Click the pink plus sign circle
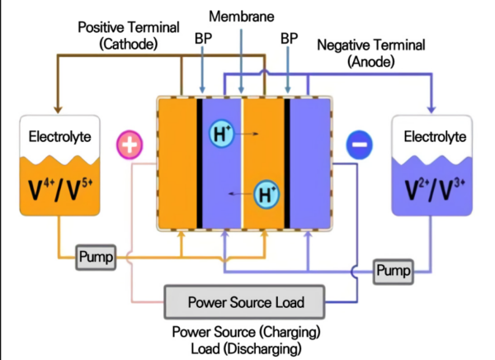coord(130,144)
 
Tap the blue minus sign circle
coord(359,144)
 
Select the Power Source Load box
coord(246,302)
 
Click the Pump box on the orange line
coord(95,256)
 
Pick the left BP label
coord(203,38)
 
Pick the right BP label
coord(289,38)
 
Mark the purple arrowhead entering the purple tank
coord(431,109)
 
